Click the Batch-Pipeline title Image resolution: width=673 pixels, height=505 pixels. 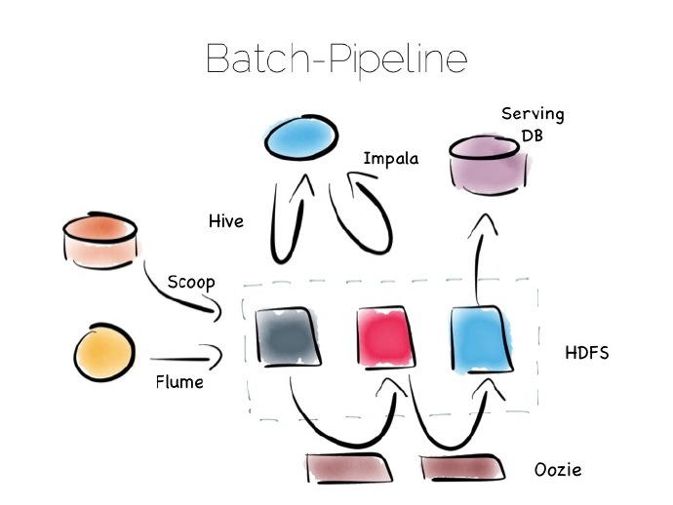coord(336,59)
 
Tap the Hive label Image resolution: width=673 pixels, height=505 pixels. coord(225,221)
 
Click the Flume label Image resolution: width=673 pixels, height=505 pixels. coord(179,381)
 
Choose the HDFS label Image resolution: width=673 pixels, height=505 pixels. coord(587,352)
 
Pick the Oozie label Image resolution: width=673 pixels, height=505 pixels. coord(558,470)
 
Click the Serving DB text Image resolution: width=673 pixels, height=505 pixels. coord(533,125)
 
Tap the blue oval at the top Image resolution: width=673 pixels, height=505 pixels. coord(305,139)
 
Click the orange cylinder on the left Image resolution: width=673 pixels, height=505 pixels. coord(99,243)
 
